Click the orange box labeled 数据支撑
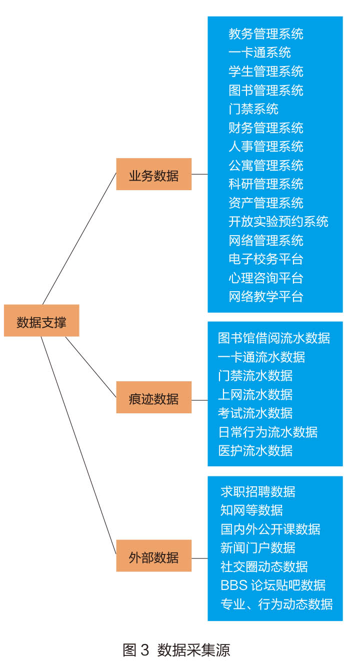point(41,320)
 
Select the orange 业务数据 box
point(153,174)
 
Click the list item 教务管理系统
point(265,34)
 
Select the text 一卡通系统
point(259,53)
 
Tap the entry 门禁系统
point(253,109)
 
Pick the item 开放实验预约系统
point(278,222)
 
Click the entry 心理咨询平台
point(265,278)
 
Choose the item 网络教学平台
point(265,297)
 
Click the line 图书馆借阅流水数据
point(274,338)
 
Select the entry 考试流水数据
point(255,413)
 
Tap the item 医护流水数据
point(255,451)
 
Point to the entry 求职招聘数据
point(257,491)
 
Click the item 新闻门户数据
point(257,548)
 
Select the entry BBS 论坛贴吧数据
point(273,585)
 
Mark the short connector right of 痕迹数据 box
point(199,400)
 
